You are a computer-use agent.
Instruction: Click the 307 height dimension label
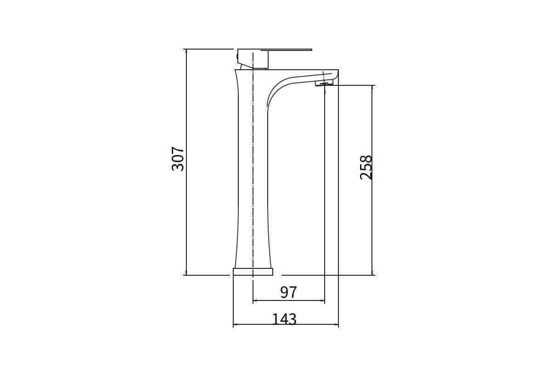coord(178,159)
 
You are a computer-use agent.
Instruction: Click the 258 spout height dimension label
coord(366,167)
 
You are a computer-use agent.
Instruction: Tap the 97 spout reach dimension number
coord(288,292)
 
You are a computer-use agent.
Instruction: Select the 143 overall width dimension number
coord(284,319)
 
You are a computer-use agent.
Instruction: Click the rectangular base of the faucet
coord(253,272)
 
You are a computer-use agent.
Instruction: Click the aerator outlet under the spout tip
coord(323,84)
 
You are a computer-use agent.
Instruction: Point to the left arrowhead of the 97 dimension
coord(255,300)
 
